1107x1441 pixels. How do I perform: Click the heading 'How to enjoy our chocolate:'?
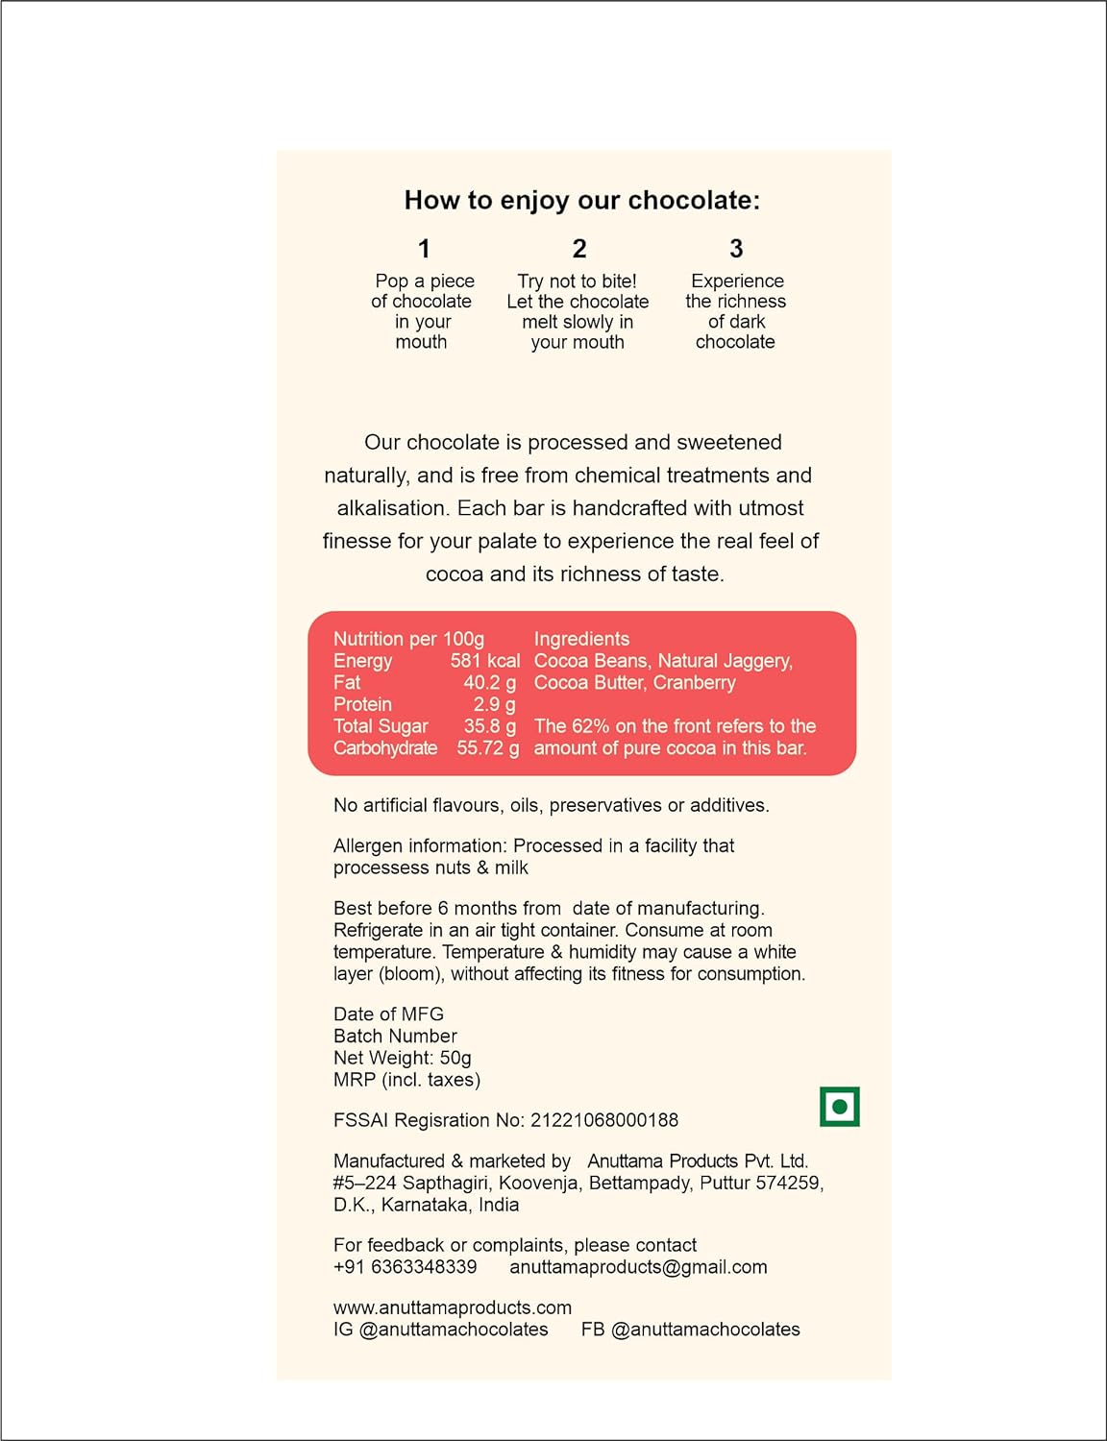click(581, 200)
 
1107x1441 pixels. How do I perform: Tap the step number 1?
click(424, 249)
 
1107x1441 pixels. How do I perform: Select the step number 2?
click(579, 249)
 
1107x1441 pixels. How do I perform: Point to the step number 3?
click(736, 249)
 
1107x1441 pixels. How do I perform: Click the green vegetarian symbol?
click(839, 1107)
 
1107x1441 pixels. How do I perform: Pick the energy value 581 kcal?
click(484, 661)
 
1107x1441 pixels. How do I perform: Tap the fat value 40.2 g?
click(489, 683)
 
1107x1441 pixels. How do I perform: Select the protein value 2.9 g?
click(494, 705)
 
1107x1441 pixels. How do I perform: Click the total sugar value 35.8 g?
click(489, 726)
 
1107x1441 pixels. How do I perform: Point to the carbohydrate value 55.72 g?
click(487, 748)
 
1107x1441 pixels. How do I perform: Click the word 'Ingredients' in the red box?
click(581, 639)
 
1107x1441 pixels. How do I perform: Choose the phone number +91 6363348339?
click(405, 1267)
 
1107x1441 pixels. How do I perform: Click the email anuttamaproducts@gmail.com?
click(638, 1267)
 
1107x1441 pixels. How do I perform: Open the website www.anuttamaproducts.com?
click(452, 1307)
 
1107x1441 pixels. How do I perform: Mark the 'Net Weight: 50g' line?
click(402, 1058)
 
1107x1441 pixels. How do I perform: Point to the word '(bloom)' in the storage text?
click(411, 974)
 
